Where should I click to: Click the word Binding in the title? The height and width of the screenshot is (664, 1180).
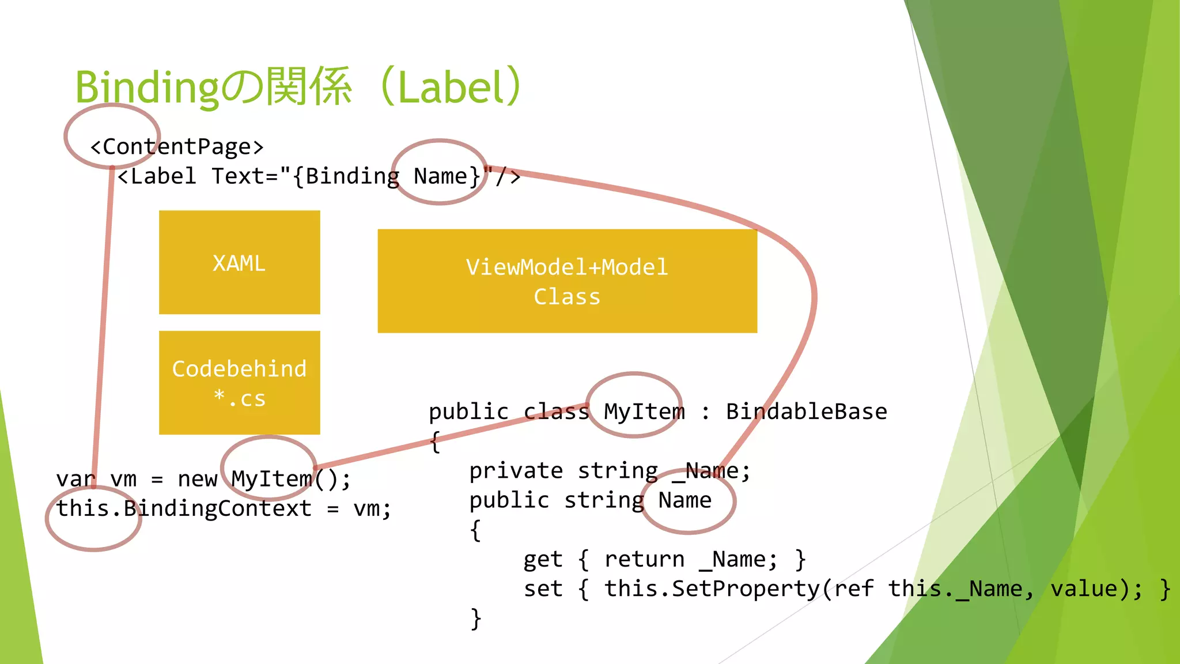[147, 88]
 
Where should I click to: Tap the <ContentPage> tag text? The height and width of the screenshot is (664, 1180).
[177, 147]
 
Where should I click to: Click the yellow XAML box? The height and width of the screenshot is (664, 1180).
[239, 263]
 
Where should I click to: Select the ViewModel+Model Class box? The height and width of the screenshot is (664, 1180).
[567, 281]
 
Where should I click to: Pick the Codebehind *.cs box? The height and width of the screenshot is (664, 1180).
[239, 383]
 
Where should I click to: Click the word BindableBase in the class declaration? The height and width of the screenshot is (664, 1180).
[806, 412]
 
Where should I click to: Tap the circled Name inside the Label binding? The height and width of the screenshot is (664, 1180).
[440, 176]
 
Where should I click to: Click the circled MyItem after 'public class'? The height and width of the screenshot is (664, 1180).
[644, 412]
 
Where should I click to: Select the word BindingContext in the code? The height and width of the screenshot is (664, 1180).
[217, 508]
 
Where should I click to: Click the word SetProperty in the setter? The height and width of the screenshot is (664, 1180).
[746, 588]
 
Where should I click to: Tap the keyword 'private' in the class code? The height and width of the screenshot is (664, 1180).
[516, 471]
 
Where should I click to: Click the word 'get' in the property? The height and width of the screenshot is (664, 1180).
[542, 559]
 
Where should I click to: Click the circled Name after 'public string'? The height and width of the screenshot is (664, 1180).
[684, 500]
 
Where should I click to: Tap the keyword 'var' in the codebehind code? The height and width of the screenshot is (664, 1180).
[75, 479]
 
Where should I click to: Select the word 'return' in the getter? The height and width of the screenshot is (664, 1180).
[644, 559]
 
